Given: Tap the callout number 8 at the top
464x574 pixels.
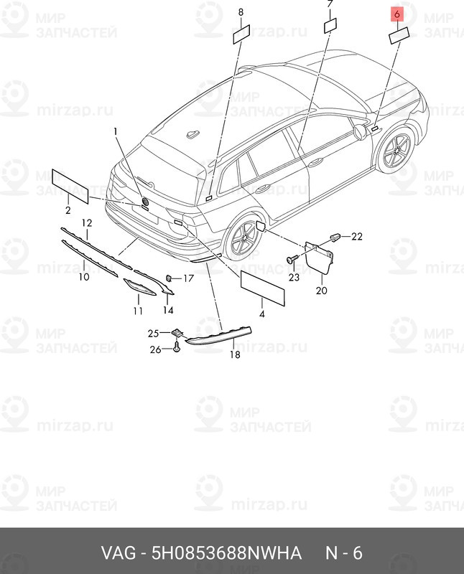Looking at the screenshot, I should [x=241, y=12].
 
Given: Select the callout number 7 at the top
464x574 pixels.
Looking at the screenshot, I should [x=330, y=4].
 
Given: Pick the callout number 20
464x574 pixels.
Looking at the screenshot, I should [x=321, y=291].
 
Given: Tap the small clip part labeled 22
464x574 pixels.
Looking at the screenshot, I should [x=335, y=237].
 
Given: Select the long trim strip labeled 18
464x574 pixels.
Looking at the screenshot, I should [x=219, y=335].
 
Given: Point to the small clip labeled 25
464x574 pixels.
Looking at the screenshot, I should [x=177, y=332].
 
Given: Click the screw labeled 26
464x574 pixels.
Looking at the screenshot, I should [x=177, y=348].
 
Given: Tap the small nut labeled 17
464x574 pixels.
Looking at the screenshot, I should [x=170, y=278].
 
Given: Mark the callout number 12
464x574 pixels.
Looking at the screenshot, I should [x=86, y=222].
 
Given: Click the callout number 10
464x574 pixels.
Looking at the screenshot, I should [x=84, y=276].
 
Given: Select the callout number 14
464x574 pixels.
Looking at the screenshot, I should [x=168, y=310].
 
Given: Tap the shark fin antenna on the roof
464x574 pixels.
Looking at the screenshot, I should [x=193, y=134].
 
